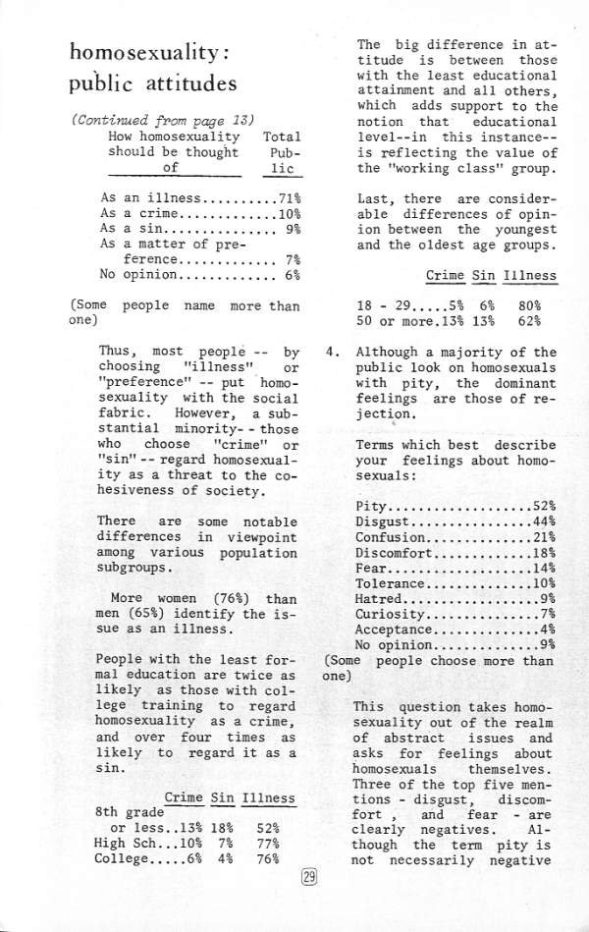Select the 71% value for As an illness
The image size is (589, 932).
point(287,197)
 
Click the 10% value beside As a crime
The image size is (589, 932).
point(287,213)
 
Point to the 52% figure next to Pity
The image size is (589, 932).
point(544,506)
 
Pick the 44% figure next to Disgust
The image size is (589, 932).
point(544,521)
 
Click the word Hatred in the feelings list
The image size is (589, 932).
point(379,599)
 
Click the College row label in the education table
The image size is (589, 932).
point(120,858)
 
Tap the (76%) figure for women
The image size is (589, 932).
point(232,598)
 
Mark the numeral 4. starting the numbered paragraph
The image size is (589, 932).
point(334,352)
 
